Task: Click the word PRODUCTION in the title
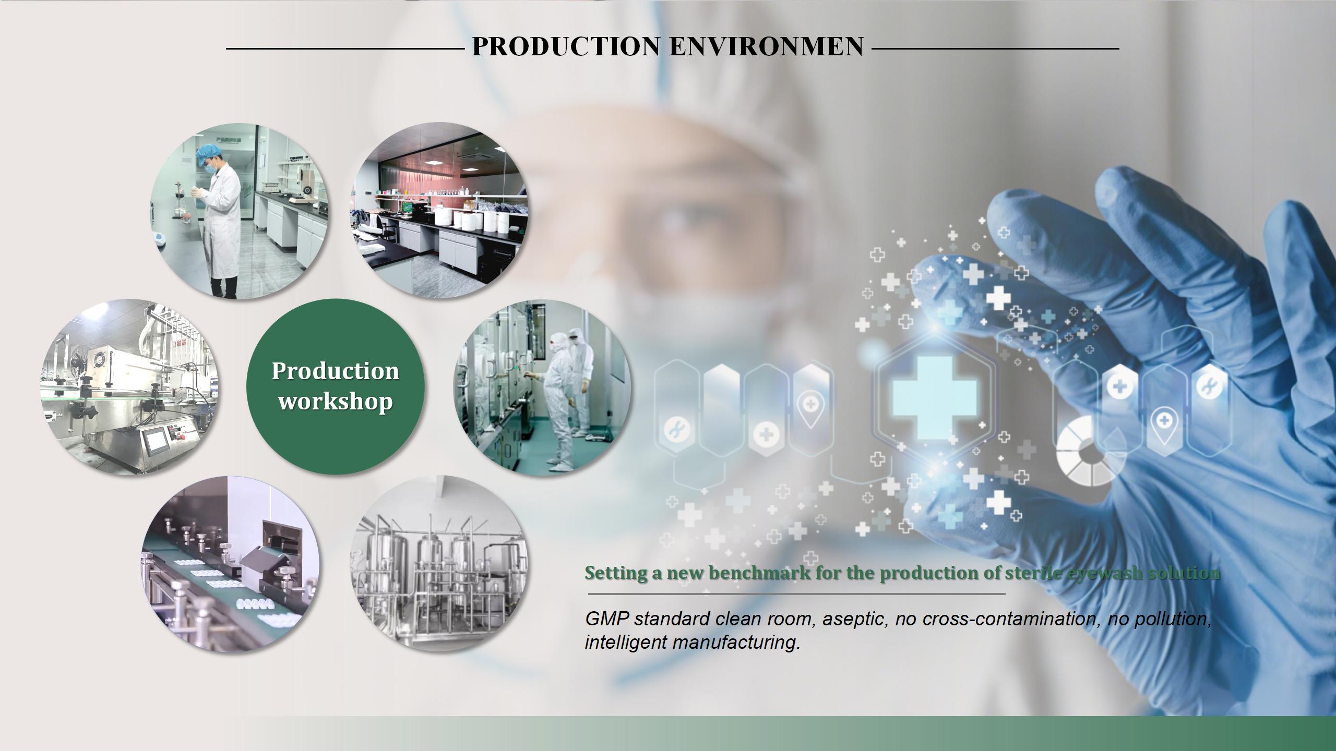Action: click(566, 46)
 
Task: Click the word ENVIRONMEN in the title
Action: click(767, 46)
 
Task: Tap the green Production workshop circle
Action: click(336, 386)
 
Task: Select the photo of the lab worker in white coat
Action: click(240, 211)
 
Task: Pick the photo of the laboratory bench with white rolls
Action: click(438, 211)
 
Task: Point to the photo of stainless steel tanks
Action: click(438, 563)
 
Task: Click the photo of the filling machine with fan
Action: click(129, 386)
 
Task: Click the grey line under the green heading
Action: click(796, 593)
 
